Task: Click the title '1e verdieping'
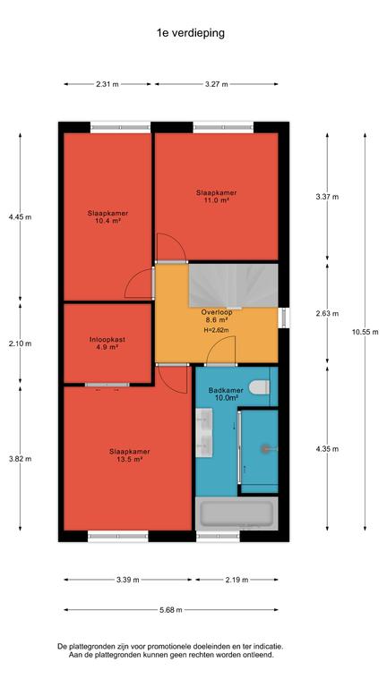191,33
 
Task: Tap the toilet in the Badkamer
259,387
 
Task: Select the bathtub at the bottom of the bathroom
236,513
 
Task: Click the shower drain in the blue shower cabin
264,449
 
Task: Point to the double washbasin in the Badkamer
203,432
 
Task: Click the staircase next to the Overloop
233,285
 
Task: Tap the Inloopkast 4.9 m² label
107,343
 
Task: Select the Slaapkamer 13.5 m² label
130,455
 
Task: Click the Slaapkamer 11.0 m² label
217,196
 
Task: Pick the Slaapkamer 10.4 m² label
107,216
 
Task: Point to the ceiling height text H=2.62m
216,330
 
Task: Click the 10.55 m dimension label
365,332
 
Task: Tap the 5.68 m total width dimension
172,609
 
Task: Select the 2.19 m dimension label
237,580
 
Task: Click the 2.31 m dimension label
107,85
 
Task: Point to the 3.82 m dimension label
21,459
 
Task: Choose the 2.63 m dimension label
327,314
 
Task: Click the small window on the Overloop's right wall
284,318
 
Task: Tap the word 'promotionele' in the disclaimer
168,646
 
